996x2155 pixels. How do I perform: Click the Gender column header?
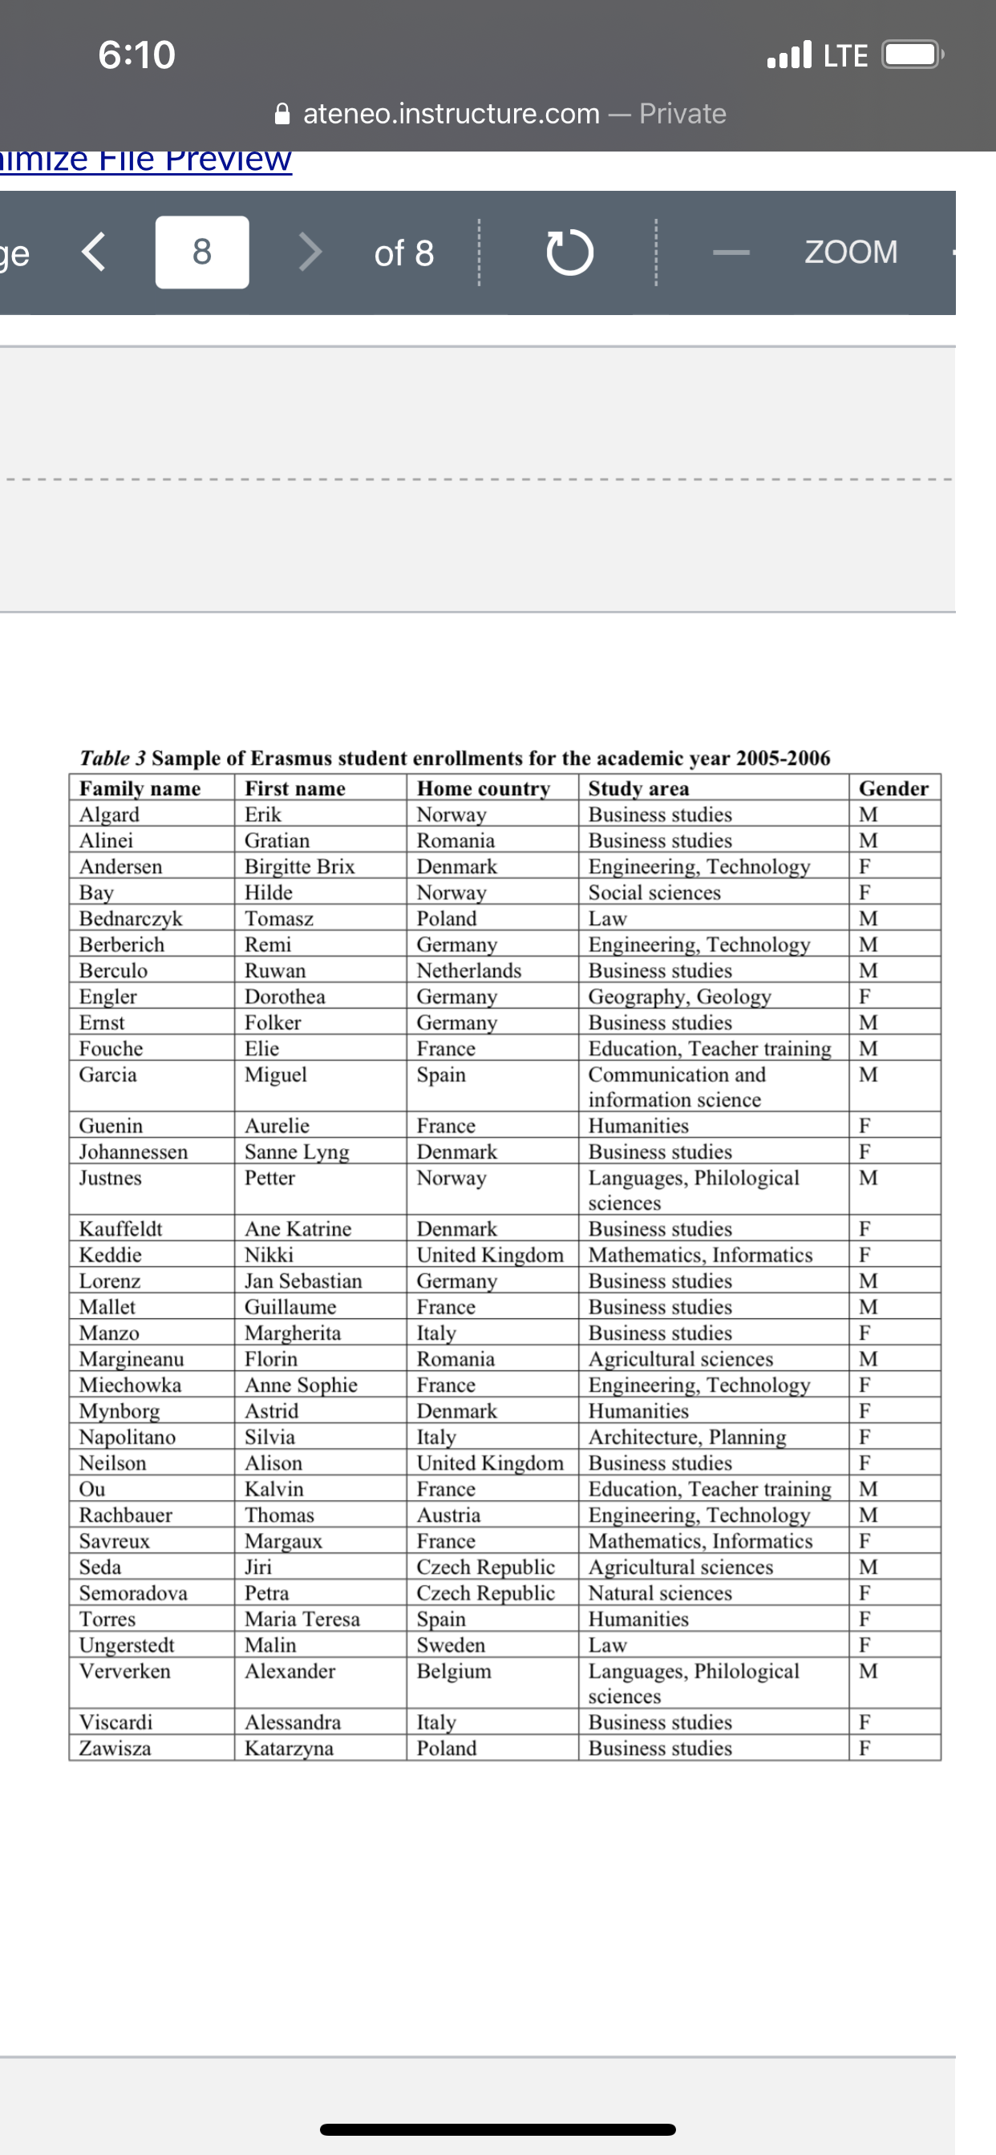(x=893, y=788)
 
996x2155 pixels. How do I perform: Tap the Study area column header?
(x=638, y=788)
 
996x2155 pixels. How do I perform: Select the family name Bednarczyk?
(x=131, y=919)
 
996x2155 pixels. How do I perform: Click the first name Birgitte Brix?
(x=300, y=867)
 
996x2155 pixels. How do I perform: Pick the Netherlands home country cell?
(x=468, y=970)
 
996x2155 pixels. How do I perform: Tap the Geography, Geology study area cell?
(x=679, y=997)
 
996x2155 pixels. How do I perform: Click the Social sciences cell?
(x=654, y=892)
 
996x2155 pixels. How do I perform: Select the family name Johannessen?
(x=133, y=1152)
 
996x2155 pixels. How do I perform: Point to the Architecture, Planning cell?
(x=687, y=1437)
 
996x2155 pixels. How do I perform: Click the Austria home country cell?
(x=448, y=1515)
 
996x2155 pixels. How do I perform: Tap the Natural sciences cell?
(x=660, y=1593)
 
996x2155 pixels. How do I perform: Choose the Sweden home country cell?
(x=451, y=1644)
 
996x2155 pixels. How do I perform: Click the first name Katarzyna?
(x=289, y=1749)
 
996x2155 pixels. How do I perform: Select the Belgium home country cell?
(x=455, y=1671)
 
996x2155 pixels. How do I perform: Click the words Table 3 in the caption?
(x=112, y=758)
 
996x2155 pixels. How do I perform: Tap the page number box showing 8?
(x=202, y=252)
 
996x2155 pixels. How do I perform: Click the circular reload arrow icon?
(x=570, y=252)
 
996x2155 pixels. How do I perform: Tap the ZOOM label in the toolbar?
(x=850, y=252)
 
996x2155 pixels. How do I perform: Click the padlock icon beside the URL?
(x=283, y=113)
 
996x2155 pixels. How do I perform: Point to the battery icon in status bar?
(x=913, y=55)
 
